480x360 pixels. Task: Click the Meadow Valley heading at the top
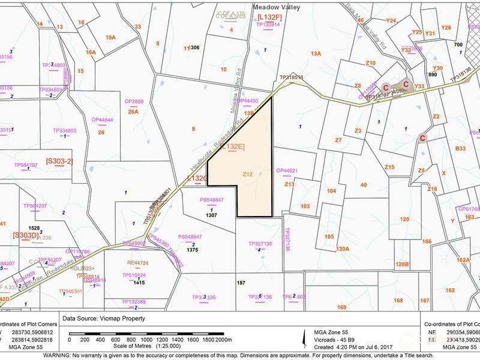[276, 8]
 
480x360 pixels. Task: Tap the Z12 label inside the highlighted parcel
[247, 175]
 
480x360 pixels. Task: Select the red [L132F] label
[269, 17]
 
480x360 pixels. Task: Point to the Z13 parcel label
[289, 184]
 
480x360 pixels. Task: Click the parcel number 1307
[211, 215]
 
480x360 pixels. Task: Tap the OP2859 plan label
[133, 102]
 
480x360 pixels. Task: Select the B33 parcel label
[460, 148]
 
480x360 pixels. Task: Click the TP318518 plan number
[291, 77]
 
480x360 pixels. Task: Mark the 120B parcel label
[401, 265]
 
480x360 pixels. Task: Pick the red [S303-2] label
[59, 161]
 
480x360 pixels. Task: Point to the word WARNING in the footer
[58, 355]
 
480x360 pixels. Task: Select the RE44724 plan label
[137, 263]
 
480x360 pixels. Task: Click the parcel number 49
[364, 185]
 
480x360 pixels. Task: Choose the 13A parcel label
[316, 54]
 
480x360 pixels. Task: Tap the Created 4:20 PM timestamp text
[344, 347]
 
